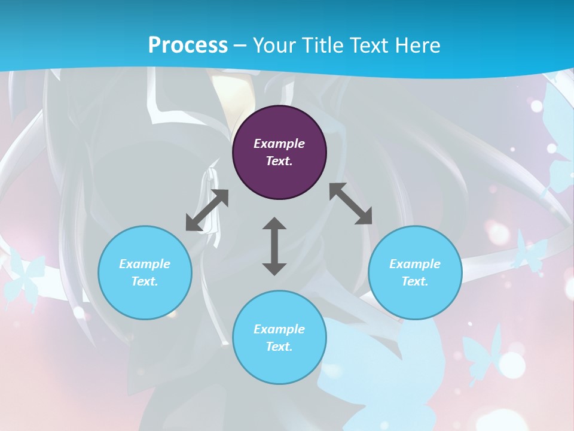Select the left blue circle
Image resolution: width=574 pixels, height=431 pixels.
click(x=145, y=272)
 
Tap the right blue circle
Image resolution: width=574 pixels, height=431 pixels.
click(x=415, y=272)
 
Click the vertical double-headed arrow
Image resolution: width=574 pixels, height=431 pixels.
click(x=274, y=246)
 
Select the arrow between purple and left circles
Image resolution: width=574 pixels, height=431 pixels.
click(x=207, y=210)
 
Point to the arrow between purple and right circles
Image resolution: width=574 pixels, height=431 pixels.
click(x=351, y=204)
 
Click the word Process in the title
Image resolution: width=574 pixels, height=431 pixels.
click(x=188, y=45)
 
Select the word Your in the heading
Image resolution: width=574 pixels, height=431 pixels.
click(x=274, y=45)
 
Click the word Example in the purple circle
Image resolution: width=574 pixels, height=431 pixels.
click(x=279, y=144)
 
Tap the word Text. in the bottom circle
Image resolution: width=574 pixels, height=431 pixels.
click(x=279, y=347)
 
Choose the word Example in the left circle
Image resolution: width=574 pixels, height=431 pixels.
click(x=145, y=264)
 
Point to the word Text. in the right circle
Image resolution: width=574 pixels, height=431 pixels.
click(x=415, y=281)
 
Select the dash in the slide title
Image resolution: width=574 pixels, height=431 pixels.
click(x=240, y=45)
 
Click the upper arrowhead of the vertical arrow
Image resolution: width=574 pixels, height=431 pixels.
click(x=274, y=225)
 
